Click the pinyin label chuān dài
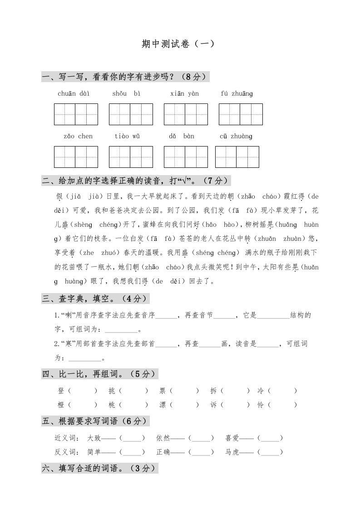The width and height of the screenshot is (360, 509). point(74,94)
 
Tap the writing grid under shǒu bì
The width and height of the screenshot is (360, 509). point(131,114)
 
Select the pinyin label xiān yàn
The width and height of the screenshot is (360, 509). point(184,94)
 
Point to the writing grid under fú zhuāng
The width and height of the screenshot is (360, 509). point(240,114)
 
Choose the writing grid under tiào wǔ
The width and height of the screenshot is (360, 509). point(131,157)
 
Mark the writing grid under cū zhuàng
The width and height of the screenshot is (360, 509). point(237,157)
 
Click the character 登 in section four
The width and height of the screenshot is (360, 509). point(61,391)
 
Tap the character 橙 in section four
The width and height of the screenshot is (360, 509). point(61,405)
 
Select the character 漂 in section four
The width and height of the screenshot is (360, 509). point(163,405)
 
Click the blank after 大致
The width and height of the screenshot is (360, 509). point(132,438)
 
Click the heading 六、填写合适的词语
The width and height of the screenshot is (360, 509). point(99,469)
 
